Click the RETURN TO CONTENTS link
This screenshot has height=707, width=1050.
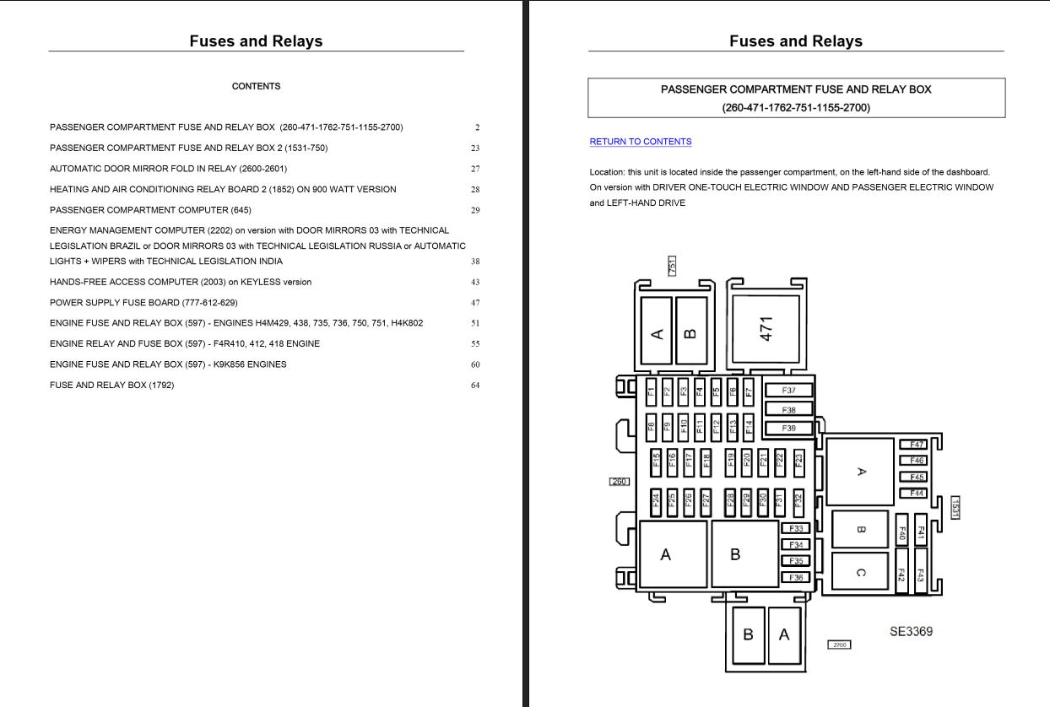click(640, 142)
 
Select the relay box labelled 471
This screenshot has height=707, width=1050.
click(766, 330)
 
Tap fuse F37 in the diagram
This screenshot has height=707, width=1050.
click(788, 391)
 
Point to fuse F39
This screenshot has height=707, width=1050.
click(788, 429)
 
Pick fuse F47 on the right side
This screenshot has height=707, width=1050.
click(917, 445)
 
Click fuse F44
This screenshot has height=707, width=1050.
click(917, 494)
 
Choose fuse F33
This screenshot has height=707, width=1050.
click(795, 529)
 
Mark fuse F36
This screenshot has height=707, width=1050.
click(795, 578)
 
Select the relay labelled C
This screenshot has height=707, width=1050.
click(860, 572)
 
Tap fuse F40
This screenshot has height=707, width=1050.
click(901, 533)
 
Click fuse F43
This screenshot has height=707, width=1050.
click(920, 575)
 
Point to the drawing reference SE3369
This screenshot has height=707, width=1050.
click(911, 631)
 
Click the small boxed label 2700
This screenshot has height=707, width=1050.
click(839, 645)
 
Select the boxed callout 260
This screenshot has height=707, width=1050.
click(620, 482)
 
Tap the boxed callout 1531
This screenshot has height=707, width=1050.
click(955, 507)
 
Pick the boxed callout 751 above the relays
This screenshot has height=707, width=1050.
click(672, 266)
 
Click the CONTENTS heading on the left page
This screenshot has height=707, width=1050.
click(256, 86)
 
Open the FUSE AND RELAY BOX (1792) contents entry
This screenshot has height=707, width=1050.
click(112, 386)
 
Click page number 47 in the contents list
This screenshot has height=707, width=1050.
click(475, 303)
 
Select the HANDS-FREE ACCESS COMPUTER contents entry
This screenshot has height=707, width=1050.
click(181, 282)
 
